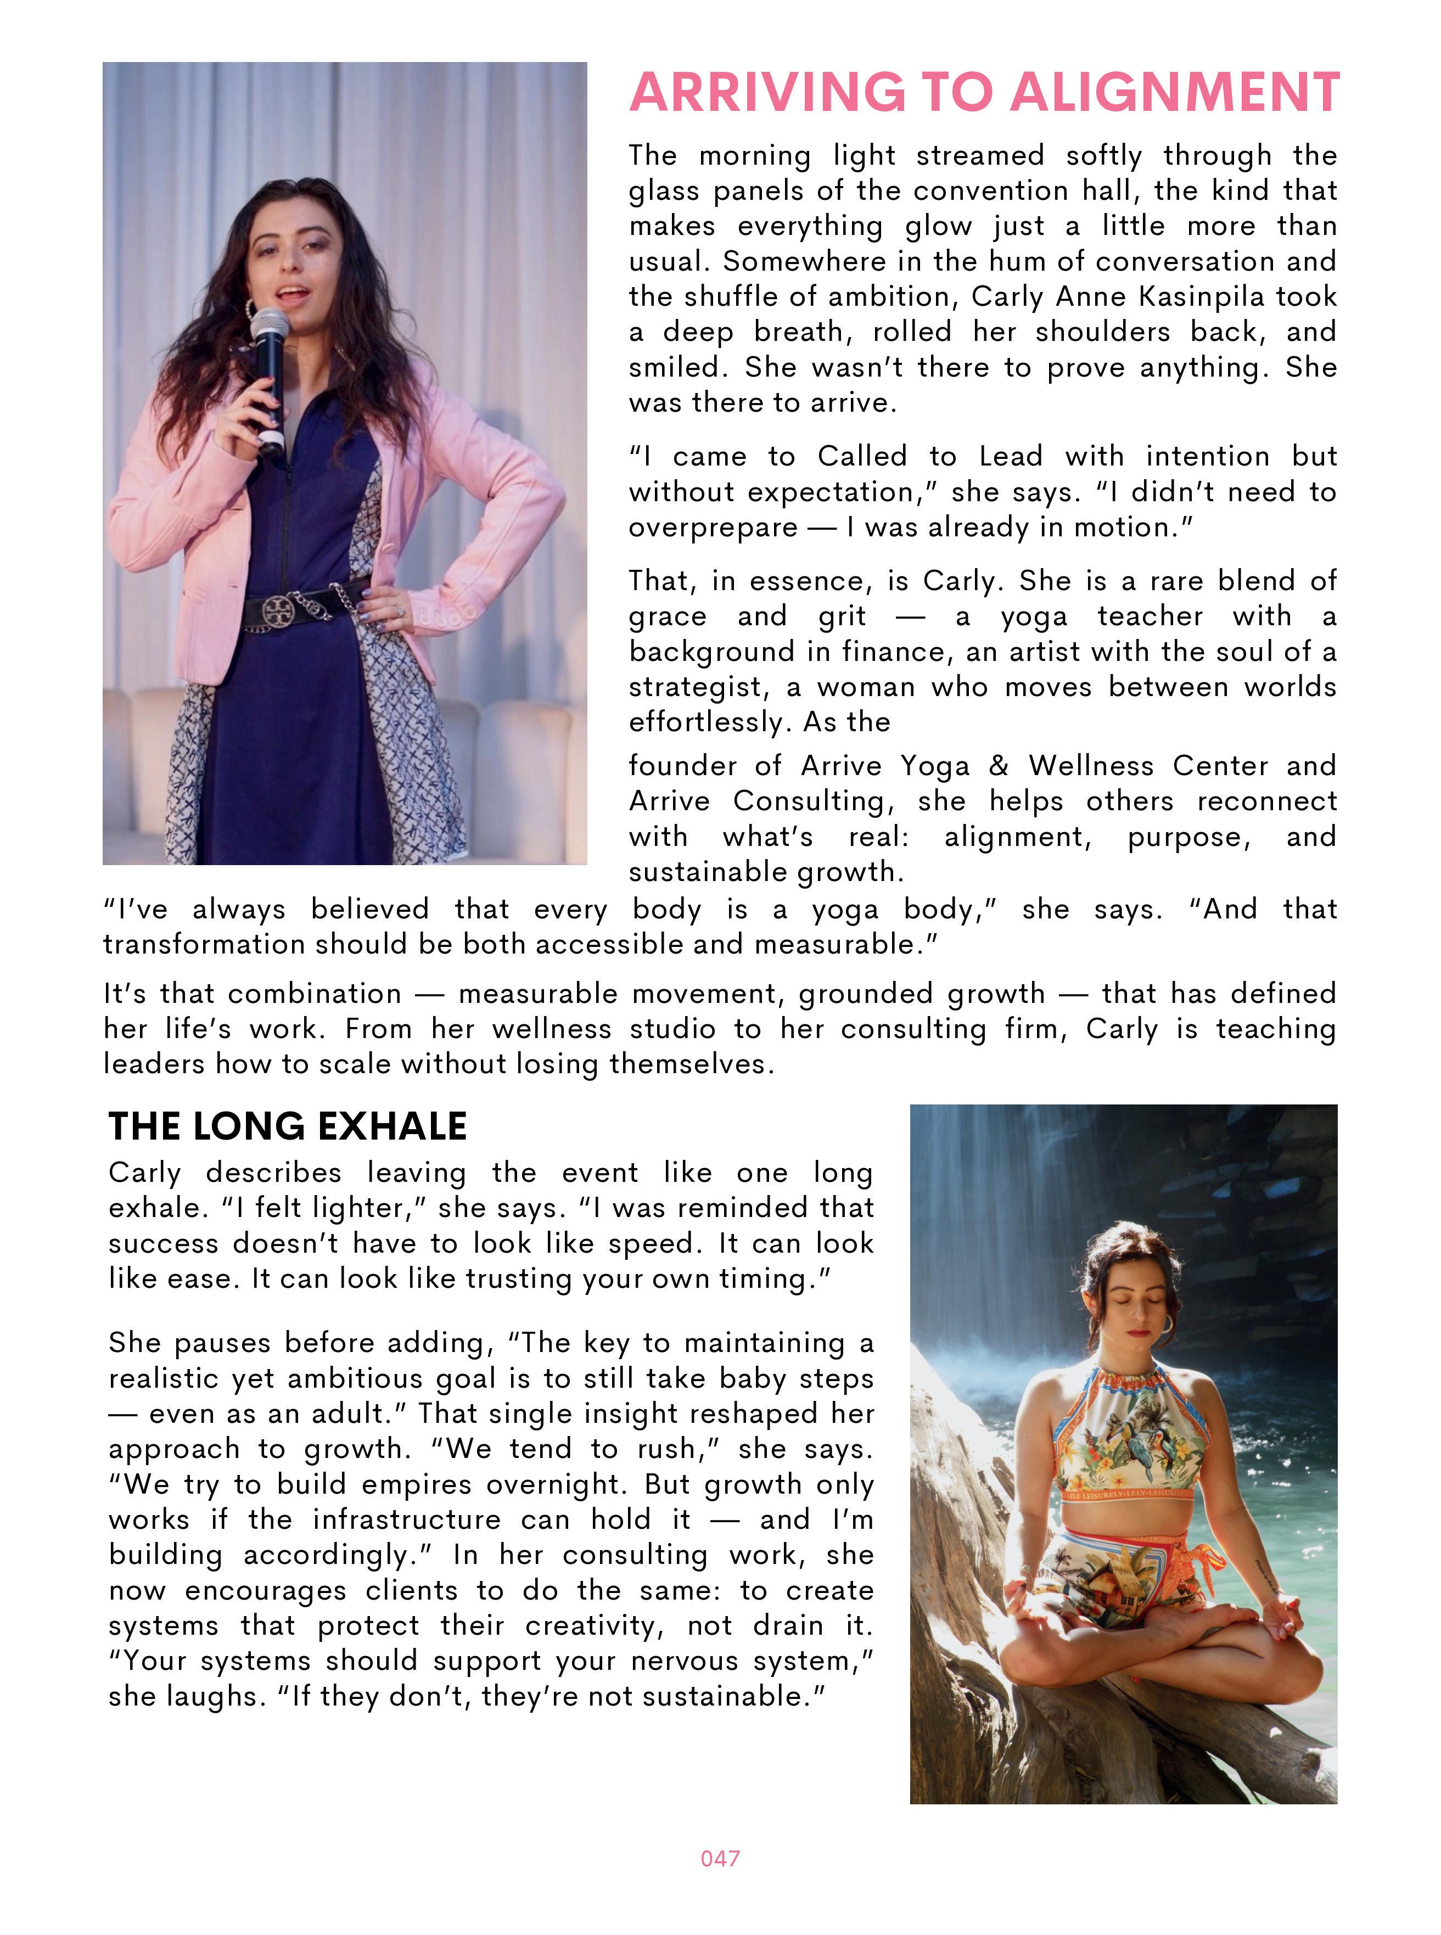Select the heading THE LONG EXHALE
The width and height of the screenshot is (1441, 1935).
point(287,1126)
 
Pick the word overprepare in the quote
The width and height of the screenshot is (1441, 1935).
point(713,528)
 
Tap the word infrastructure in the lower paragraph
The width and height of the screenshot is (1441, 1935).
point(407,1520)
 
